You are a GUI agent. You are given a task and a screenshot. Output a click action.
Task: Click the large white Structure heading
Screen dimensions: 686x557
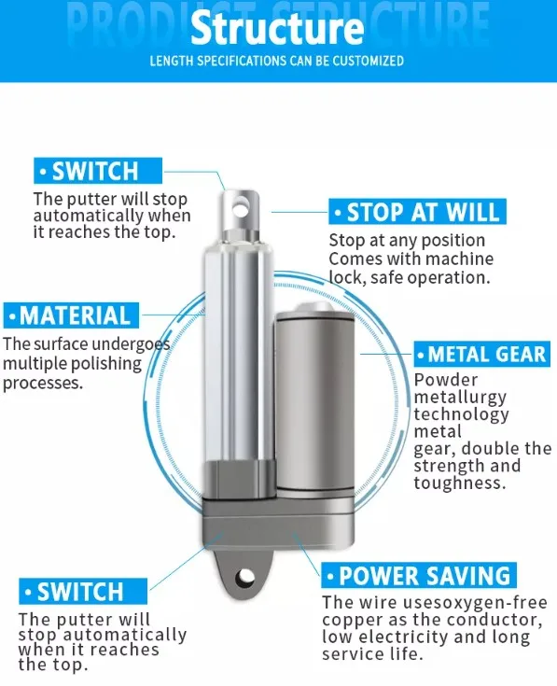pyautogui.click(x=277, y=28)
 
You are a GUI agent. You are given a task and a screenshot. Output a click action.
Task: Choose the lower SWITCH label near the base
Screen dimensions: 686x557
pyautogui.click(x=81, y=592)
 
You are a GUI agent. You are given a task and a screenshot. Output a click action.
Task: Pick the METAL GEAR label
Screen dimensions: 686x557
pyautogui.click(x=481, y=355)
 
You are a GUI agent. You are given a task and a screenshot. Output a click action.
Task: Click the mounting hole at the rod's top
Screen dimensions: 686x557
pyautogui.click(x=243, y=200)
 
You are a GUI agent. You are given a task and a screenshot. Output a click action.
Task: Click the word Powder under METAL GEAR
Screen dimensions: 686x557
pyautogui.click(x=445, y=380)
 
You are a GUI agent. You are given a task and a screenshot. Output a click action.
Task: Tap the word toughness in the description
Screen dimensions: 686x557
pyautogui.click(x=457, y=483)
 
